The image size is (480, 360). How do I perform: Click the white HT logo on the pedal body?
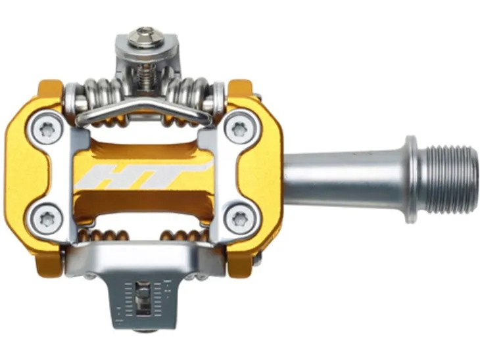143,175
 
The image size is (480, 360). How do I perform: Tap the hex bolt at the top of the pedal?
147,38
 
